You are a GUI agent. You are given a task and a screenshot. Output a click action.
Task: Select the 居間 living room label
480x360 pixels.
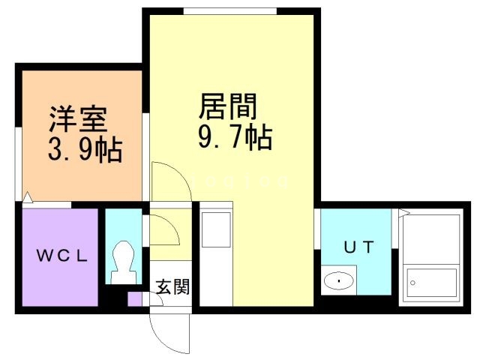click(x=228, y=106)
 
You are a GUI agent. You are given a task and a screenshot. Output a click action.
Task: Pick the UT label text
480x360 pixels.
click(x=356, y=246)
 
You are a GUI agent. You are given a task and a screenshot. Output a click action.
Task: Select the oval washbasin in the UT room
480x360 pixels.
click(x=338, y=281)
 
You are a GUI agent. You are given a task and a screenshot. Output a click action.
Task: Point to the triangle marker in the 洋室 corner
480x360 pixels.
click(x=28, y=197)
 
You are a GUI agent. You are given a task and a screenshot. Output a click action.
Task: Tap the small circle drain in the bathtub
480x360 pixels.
click(x=411, y=283)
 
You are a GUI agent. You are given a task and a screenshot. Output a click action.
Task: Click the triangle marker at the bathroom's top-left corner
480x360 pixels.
click(x=403, y=213)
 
